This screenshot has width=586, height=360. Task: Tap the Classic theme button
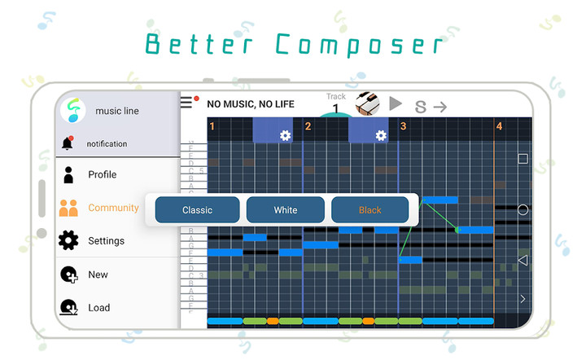point(197,210)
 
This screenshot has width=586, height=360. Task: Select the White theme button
point(286,210)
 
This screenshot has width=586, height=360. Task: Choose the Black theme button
point(370,210)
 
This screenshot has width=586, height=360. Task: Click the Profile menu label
point(103,174)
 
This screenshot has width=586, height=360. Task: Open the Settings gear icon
point(68,241)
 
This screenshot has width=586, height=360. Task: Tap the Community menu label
point(113,208)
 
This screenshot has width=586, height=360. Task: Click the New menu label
point(98,274)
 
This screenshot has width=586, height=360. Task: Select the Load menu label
point(99,308)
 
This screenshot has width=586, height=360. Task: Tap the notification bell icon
point(68,143)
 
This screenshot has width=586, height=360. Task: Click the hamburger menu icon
point(187,103)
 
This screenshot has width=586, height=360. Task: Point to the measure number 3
point(403,126)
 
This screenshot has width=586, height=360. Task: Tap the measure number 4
point(499,126)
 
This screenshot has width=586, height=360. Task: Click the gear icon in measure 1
point(285,135)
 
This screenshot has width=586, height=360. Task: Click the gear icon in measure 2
point(380,135)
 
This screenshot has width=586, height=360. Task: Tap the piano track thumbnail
point(367,103)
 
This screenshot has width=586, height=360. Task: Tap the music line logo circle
point(72,110)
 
